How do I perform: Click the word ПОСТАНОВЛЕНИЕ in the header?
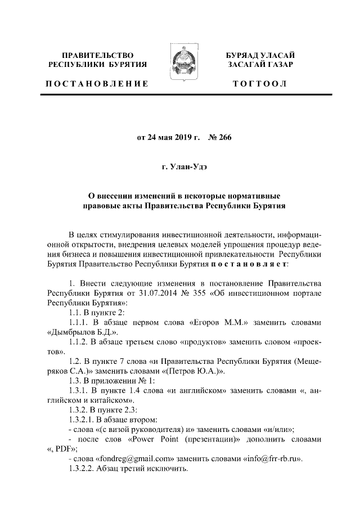(97, 84)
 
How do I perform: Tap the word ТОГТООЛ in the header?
(260, 84)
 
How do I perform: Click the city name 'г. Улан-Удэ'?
(180, 166)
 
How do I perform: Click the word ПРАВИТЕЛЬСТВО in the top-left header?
(98, 55)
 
